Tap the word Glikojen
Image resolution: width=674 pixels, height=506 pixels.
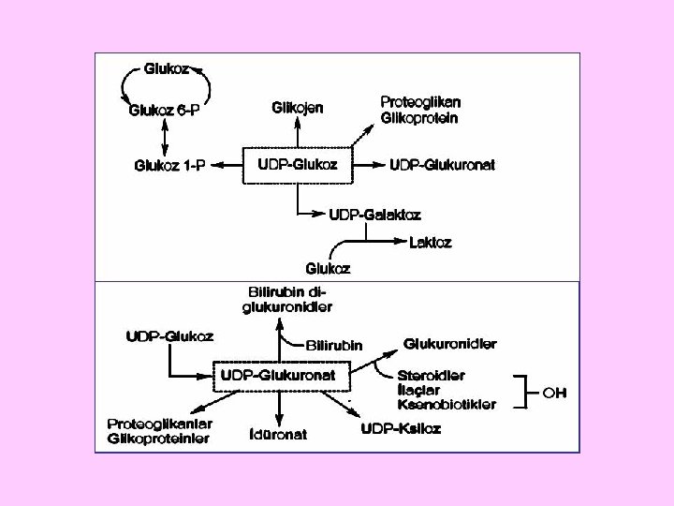[x=299, y=108]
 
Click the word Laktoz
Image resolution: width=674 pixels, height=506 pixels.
[x=432, y=242]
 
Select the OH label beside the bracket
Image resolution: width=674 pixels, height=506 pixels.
[x=555, y=392]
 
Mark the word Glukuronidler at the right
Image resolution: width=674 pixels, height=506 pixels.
[x=449, y=344]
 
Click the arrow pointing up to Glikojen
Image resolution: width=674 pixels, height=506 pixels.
[x=299, y=130]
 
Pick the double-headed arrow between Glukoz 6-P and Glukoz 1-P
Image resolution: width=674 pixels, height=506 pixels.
[x=166, y=139]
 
